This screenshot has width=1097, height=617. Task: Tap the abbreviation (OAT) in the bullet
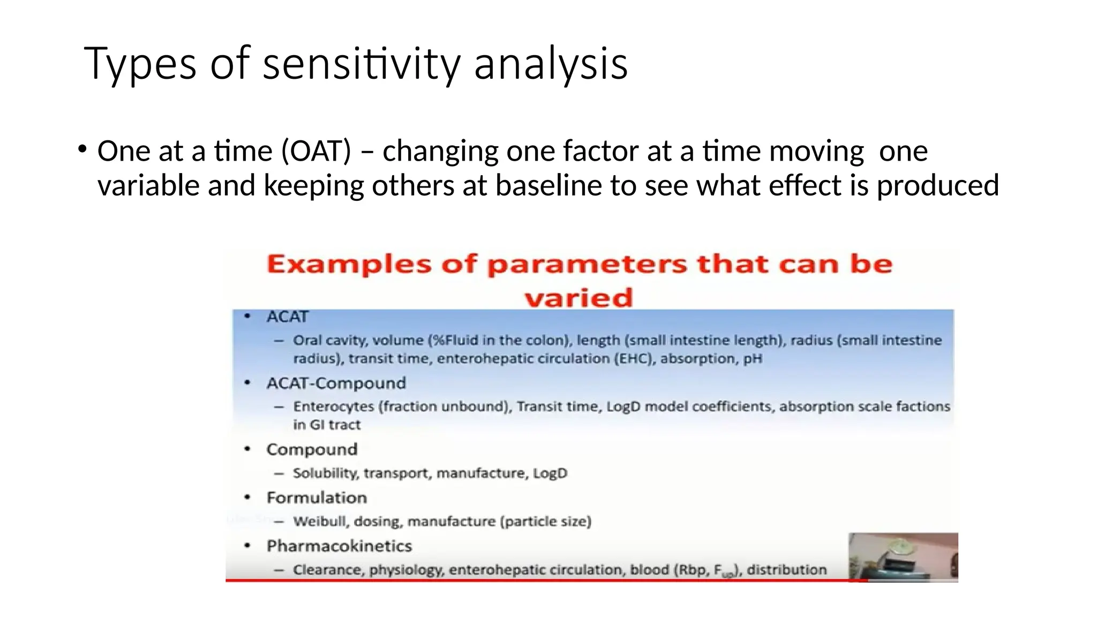coord(316,151)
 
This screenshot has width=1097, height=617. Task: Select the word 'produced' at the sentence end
coord(937,185)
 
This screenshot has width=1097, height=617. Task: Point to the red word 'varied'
coord(578,297)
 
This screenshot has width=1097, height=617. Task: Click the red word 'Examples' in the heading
coord(349,265)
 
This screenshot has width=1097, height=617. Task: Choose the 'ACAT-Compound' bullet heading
coord(336,383)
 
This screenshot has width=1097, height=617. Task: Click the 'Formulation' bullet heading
coord(317,498)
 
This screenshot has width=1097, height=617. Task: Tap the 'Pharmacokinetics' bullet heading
coord(339,546)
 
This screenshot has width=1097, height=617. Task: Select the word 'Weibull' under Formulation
coord(320,521)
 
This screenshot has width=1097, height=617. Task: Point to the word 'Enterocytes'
coord(333,407)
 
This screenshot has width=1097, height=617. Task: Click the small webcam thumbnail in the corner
coord(903,556)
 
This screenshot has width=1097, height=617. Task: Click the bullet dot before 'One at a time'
coord(81,149)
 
